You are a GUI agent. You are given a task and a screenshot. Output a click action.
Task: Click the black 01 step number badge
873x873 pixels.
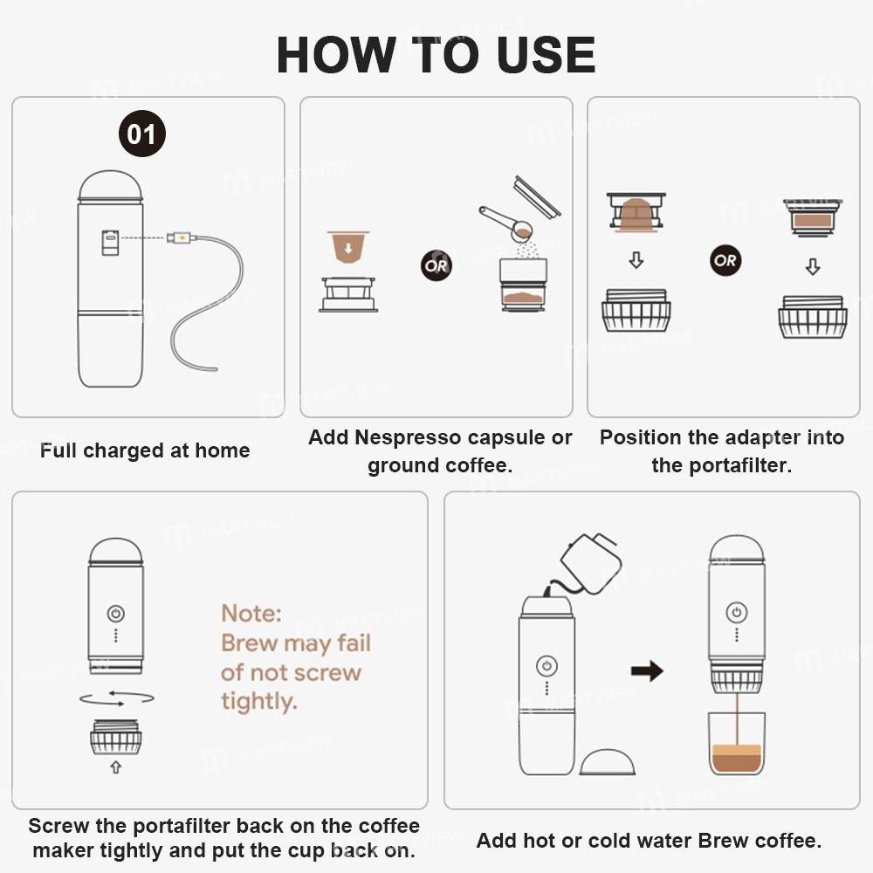141,134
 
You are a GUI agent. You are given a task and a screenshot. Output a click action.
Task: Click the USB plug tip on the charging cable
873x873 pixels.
182,237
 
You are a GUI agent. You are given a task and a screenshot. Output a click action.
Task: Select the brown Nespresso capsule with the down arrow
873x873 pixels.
348,246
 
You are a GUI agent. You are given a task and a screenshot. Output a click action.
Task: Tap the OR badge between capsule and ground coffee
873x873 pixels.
436,264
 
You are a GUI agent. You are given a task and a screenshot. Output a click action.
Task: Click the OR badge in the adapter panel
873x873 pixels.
724,260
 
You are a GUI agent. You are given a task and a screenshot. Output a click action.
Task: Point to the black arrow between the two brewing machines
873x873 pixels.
647,670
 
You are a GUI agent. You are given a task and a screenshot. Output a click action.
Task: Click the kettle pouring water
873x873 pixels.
591,560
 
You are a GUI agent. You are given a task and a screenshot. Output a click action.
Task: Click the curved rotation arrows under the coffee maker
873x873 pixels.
116,698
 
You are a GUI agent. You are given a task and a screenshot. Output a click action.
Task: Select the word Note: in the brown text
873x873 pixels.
251,614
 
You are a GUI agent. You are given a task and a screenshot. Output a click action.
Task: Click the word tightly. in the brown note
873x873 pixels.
258,701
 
